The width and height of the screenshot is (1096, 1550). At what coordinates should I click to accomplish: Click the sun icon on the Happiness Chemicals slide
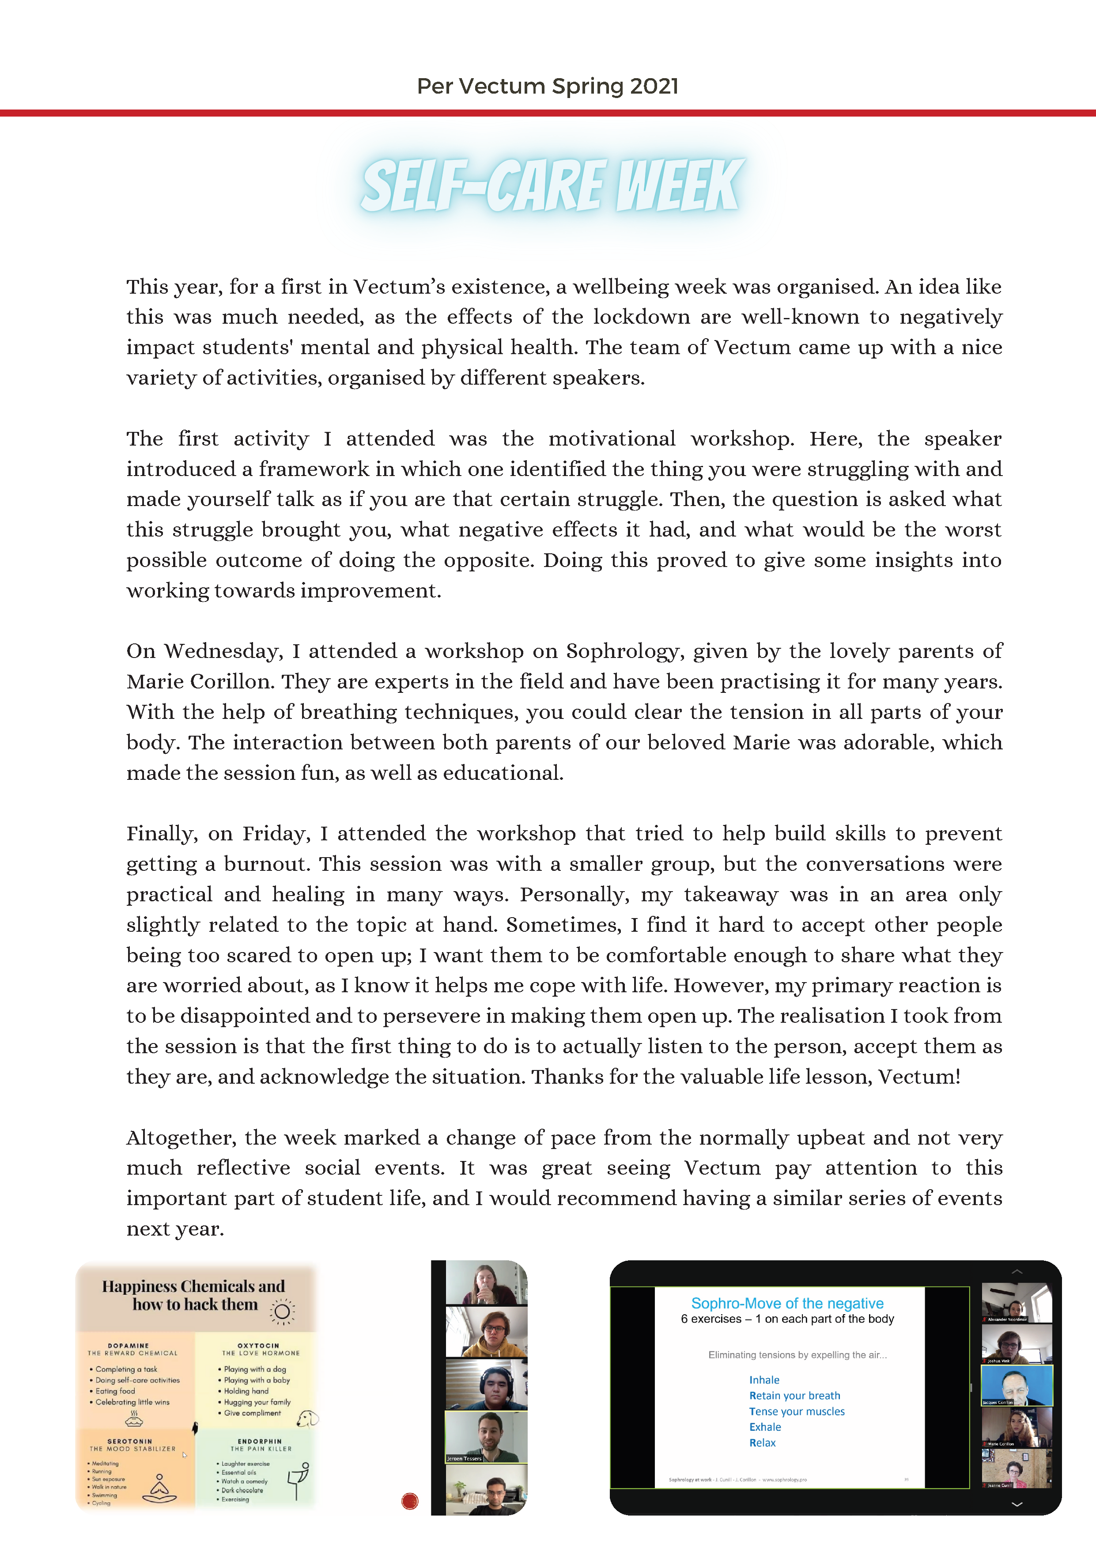[282, 1311]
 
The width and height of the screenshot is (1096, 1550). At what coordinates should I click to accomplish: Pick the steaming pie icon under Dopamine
[134, 1418]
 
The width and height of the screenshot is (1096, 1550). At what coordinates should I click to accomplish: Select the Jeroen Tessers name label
[464, 1458]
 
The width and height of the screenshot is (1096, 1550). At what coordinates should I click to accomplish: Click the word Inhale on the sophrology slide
[764, 1380]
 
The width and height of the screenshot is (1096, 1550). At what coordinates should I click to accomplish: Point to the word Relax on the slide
[763, 1443]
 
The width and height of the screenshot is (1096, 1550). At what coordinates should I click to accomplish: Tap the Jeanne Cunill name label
[999, 1485]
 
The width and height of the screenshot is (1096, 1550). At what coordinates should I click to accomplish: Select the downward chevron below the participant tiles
[1017, 1504]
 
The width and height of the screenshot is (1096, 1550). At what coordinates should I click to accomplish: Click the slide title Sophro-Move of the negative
[787, 1303]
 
